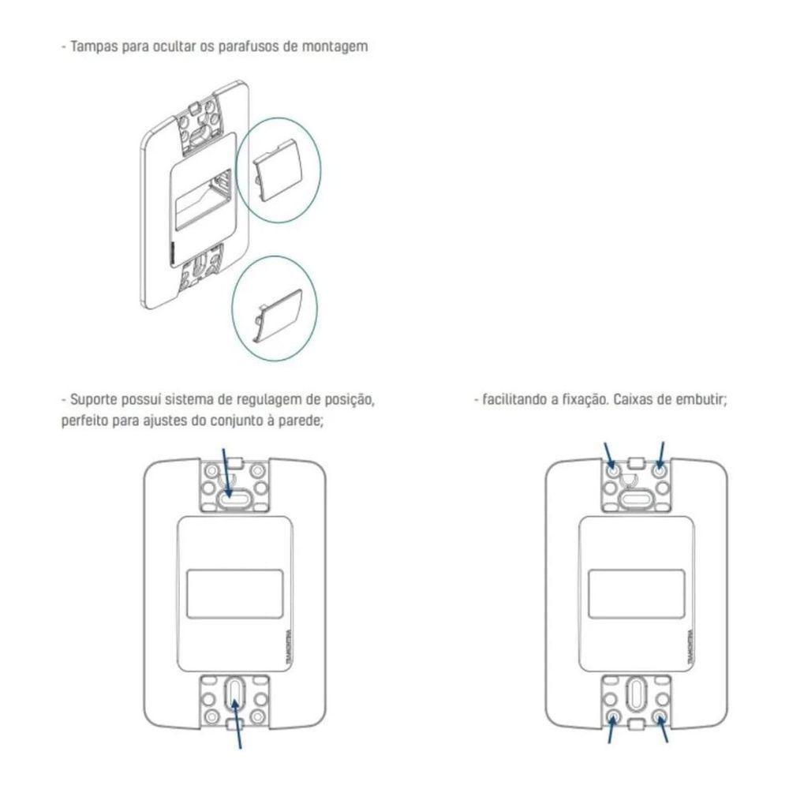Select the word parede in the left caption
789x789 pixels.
pos(301,420)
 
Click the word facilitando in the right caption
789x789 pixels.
pos(513,400)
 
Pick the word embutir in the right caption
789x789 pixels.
pos(705,400)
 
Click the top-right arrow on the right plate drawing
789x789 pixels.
pos(660,455)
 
